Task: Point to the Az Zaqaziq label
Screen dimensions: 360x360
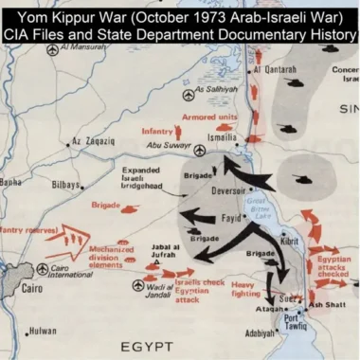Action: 92,142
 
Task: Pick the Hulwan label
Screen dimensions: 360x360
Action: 43,332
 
